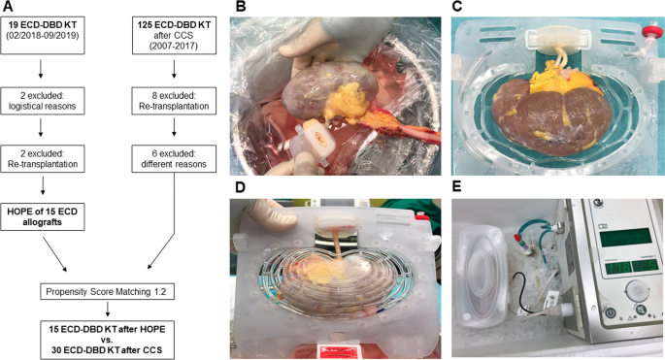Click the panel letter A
9,9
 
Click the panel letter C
456,9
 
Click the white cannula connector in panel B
312,137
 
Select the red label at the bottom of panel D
331,349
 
